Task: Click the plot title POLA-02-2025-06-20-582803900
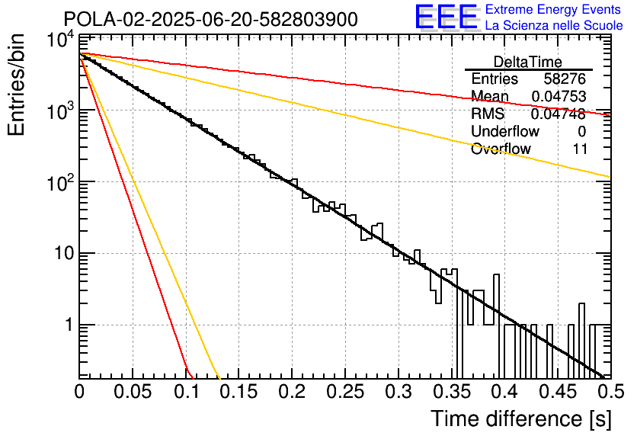tap(210, 19)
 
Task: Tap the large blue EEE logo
tap(446, 17)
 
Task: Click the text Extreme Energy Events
tap(553, 9)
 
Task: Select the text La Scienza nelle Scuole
tap(554, 25)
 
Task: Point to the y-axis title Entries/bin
tap(17, 85)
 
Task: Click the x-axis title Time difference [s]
tap(521, 418)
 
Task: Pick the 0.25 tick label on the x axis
tap(345, 391)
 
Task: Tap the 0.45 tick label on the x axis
tap(558, 391)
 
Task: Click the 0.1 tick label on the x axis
tap(186, 391)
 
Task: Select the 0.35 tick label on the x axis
tap(451, 391)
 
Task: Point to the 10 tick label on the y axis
tap(64, 254)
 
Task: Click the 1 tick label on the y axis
tap(69, 325)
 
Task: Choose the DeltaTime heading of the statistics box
tap(527, 62)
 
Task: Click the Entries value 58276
tap(565, 79)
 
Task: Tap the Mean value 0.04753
tap(559, 96)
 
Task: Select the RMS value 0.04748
tap(559, 114)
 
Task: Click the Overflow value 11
tap(580, 149)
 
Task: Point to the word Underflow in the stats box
tap(505, 131)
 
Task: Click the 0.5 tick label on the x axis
tap(611, 391)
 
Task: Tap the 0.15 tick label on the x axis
tap(239, 391)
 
